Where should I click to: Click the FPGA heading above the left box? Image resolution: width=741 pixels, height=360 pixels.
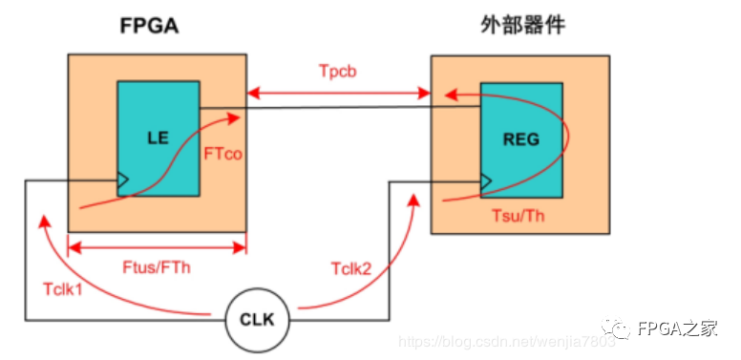tap(149, 27)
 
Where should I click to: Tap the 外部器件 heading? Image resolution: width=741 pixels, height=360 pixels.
tap(523, 26)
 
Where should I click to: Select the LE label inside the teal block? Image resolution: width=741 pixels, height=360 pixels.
tap(159, 138)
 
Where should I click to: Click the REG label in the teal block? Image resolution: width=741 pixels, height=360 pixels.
tap(521, 139)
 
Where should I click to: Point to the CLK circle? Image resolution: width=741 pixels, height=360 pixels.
tap(257, 321)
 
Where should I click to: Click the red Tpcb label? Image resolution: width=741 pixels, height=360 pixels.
tap(337, 71)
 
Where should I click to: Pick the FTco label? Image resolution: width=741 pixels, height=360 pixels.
tap(223, 154)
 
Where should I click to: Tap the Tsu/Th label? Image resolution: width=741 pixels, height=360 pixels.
tap(518, 216)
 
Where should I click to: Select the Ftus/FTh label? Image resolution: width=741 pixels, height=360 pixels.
tap(156, 267)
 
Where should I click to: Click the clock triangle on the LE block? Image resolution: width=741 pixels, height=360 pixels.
tap(123, 180)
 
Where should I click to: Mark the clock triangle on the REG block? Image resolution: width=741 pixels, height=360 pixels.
tap(486, 181)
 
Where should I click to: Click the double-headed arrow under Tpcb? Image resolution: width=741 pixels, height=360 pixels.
tap(338, 94)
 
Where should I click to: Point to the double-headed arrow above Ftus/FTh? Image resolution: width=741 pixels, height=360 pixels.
tap(158, 247)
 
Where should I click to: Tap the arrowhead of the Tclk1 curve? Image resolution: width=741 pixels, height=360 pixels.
tap(44, 221)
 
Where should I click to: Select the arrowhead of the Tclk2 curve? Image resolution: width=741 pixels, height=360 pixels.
tap(414, 201)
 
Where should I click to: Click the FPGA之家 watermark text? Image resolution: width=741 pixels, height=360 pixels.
tap(676, 328)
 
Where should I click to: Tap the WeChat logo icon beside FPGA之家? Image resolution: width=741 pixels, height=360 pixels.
tap(615, 327)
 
